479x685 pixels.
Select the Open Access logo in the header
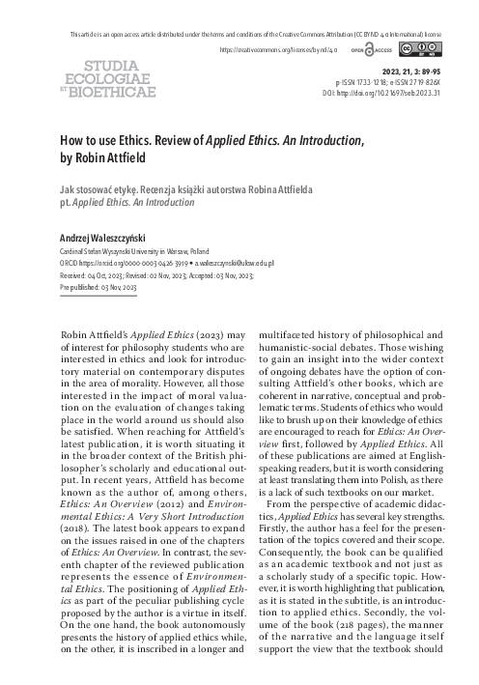coord(364,48)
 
